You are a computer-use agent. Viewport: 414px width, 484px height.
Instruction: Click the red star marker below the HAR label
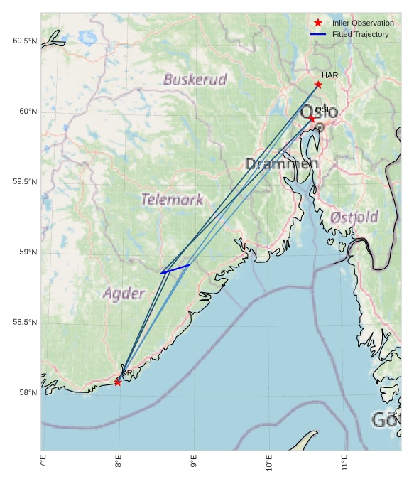318,85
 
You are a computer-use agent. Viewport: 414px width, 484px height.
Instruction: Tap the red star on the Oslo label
312,119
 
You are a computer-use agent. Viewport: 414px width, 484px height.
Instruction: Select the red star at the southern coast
117,382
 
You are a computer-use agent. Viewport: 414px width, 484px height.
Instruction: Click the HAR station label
329,75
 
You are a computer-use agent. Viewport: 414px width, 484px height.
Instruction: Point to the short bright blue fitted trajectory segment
175,269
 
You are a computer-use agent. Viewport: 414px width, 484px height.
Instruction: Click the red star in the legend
318,23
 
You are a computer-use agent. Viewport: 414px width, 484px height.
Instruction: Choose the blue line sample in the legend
318,34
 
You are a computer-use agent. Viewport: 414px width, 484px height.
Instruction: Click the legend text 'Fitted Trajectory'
361,34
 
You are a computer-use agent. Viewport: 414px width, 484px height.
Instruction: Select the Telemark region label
173,200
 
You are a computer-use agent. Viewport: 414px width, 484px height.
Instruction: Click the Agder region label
124,293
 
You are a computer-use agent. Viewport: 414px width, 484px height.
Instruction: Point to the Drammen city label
282,164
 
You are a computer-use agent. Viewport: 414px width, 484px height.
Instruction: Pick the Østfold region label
354,217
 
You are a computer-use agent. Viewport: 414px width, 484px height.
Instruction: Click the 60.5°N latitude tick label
25,41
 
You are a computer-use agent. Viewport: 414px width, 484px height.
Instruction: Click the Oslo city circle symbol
320,127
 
